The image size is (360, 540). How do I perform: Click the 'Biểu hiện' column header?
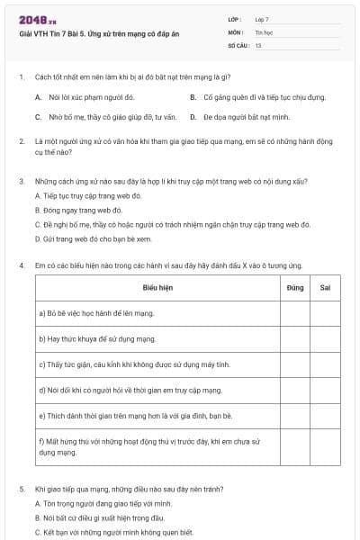(x=157, y=288)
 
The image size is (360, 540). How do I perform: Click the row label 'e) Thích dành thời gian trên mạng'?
(x=136, y=416)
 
